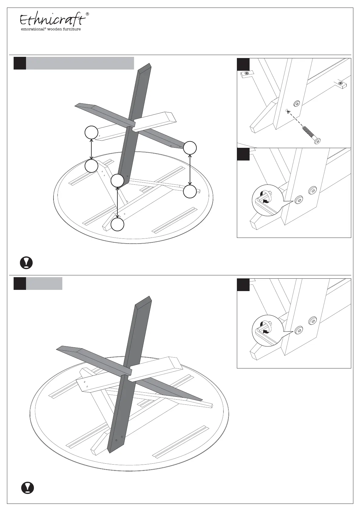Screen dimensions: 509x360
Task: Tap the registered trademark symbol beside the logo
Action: (87, 14)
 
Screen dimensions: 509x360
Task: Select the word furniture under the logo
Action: (72, 29)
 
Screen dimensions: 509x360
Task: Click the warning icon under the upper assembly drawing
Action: (26, 263)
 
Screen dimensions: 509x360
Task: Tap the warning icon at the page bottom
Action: (28, 488)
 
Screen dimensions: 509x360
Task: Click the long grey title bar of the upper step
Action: (80, 63)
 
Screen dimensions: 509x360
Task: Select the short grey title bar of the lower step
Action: (44, 284)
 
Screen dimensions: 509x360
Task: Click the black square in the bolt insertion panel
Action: (243, 64)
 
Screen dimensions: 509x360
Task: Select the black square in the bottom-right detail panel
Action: (243, 285)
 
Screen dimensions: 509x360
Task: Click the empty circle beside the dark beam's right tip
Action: (190, 148)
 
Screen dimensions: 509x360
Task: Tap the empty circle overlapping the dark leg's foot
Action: (117, 181)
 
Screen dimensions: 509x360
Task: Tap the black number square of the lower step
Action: (20, 284)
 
